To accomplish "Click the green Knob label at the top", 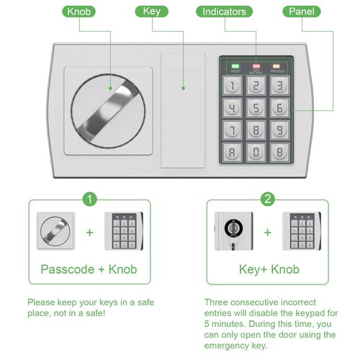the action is click(78, 12).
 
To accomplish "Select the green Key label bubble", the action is click(152, 12).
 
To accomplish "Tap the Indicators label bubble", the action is click(224, 12).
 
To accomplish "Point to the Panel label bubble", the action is click(302, 12).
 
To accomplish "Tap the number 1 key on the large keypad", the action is click(233, 86).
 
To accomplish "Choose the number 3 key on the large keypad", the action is click(280, 86).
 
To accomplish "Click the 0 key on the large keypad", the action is click(256, 153).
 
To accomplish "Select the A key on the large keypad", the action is click(233, 153).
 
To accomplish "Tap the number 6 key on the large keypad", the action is click(280, 108).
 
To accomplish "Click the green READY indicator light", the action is click(235, 66).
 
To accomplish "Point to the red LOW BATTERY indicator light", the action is click(256, 66).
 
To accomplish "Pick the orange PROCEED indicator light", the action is click(276, 66).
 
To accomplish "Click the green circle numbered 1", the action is click(89, 199).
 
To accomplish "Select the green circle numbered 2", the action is click(268, 199).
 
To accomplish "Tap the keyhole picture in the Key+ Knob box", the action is click(234, 231).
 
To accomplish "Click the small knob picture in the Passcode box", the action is click(55, 231).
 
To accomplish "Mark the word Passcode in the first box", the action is click(68, 269).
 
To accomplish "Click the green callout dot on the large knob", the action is click(110, 89).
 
